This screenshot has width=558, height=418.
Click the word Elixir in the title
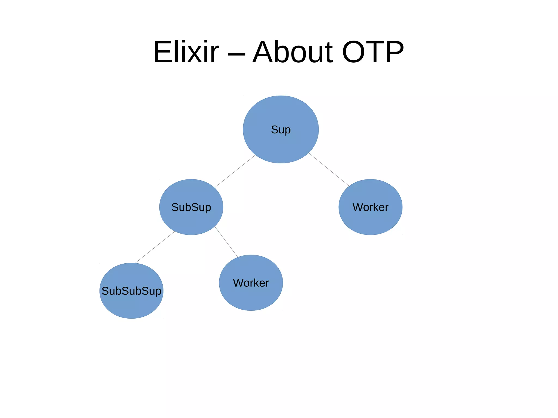186,52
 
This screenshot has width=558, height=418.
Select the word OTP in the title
373,52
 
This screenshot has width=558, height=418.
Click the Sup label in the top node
281,130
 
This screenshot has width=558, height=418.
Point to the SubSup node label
191,207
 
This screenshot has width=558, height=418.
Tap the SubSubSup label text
131,291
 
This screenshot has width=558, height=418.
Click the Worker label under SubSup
251,283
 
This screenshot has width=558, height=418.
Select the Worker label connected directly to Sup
370,207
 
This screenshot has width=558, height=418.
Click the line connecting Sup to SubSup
235,171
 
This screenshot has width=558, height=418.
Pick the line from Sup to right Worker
328,169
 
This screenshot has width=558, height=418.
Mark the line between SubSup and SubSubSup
155,247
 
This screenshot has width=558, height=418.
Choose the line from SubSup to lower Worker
227,243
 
